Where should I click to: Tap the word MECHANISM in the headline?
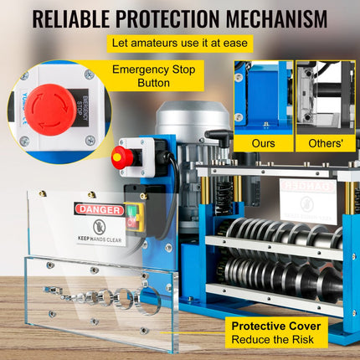275,18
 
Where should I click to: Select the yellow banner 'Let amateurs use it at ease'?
180,44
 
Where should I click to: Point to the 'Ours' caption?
263,143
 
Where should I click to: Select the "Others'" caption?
325,143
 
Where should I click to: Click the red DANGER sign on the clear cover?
99,209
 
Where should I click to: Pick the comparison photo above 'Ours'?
263,97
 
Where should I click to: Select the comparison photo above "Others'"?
326,97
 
